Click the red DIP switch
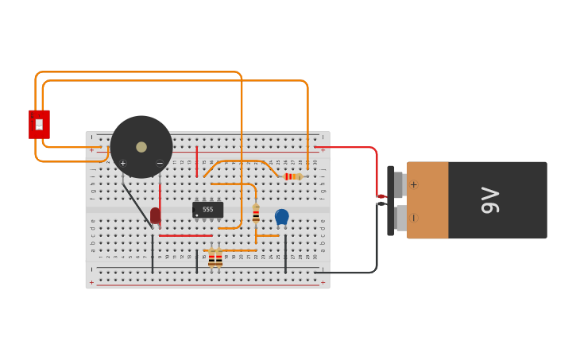[39, 125]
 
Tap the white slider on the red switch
[39, 124]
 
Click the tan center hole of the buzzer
[141, 147]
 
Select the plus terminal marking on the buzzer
[122, 163]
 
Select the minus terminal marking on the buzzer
[160, 163]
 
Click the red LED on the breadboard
[155, 215]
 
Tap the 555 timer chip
[207, 210]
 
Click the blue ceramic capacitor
[281, 216]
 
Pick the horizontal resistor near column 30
[293, 176]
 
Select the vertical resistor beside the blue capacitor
[256, 214]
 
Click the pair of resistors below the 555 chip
[215, 258]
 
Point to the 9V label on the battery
[490, 200]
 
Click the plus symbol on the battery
[414, 184]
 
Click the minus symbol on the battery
[414, 218]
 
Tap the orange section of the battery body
[427, 200]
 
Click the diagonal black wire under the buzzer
[137, 205]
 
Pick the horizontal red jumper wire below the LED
[185, 235]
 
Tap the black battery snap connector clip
[391, 200]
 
